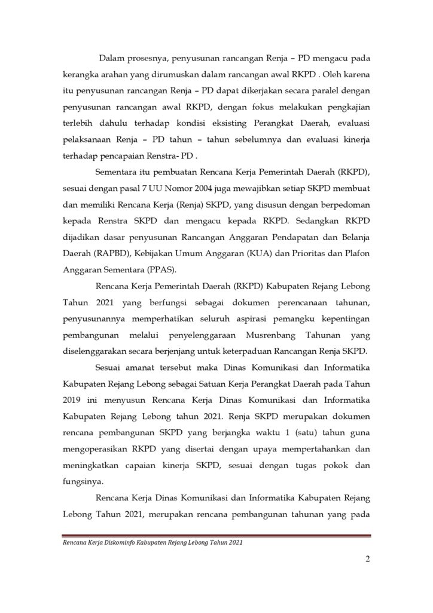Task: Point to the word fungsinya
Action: tap(83, 483)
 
